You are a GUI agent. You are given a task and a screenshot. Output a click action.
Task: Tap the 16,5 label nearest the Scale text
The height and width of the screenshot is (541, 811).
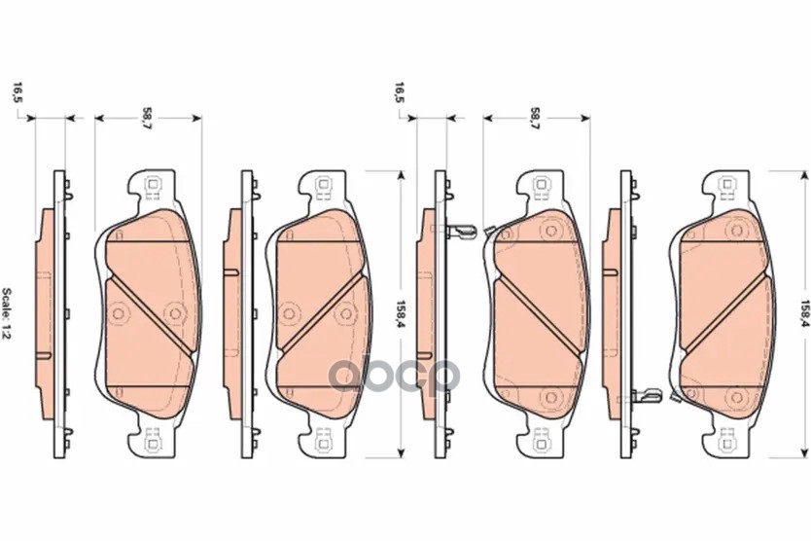point(18,92)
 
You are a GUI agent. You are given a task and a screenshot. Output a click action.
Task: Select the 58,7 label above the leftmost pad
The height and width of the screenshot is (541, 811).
point(148,119)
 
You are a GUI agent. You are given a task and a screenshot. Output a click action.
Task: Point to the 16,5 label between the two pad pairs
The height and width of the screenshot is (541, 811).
point(400,92)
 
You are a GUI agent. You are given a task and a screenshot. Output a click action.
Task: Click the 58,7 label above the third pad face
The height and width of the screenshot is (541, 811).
point(536,119)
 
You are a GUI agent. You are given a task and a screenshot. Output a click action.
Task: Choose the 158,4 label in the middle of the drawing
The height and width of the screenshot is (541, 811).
point(400,313)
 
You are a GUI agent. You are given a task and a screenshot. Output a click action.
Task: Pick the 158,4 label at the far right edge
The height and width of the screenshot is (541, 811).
point(804,313)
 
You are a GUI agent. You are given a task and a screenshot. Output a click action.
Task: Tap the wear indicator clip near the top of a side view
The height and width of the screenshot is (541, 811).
point(461,231)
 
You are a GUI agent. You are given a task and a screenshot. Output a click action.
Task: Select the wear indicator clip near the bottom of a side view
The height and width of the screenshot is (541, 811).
point(647,395)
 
